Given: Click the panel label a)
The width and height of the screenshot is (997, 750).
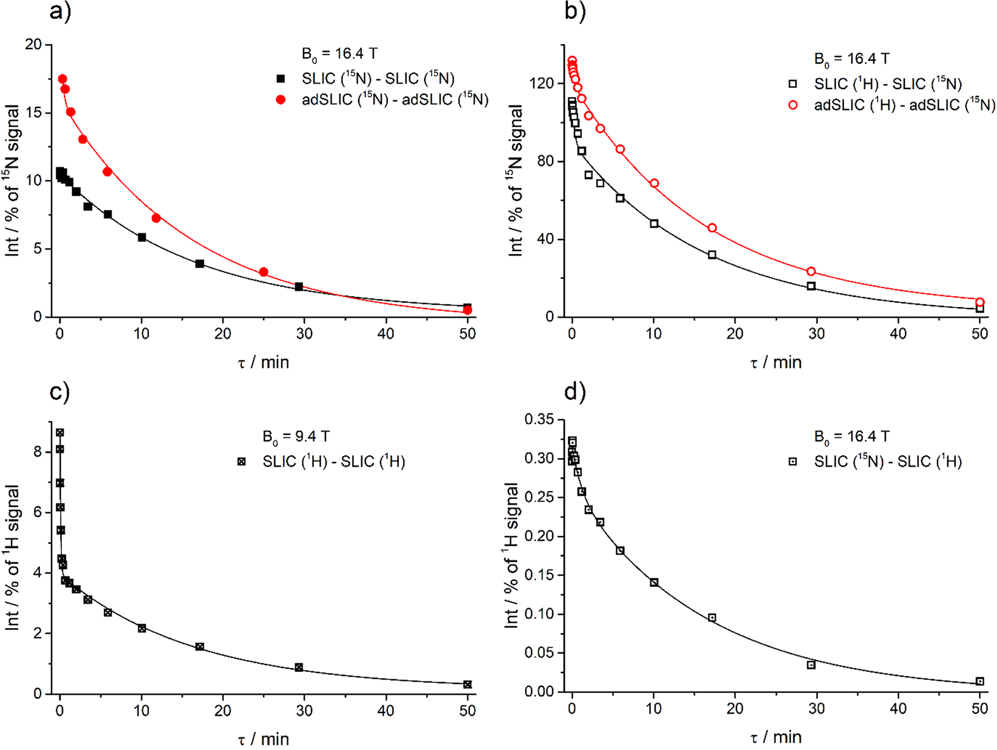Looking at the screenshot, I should pyautogui.click(x=61, y=12).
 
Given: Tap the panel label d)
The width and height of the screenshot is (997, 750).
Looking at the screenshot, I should pyautogui.click(x=575, y=392).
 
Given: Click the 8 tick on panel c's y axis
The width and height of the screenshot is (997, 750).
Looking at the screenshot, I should pyautogui.click(x=38, y=452).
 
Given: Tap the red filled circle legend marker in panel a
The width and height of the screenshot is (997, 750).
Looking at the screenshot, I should pyautogui.click(x=281, y=100).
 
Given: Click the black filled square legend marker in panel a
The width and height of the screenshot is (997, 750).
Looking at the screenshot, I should pyautogui.click(x=281, y=79).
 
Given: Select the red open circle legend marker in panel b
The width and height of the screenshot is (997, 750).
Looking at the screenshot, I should pyautogui.click(x=793, y=105).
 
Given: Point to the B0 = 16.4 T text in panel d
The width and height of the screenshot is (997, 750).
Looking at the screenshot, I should pyautogui.click(x=851, y=437).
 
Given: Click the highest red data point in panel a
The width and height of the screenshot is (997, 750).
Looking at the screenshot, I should pyautogui.click(x=62, y=79).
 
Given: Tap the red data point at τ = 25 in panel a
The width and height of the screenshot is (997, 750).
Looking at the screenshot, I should pyautogui.click(x=264, y=272).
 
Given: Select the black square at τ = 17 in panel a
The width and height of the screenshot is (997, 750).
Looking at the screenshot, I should pyautogui.click(x=199, y=264).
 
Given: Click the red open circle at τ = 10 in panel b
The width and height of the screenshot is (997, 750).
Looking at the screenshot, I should pyautogui.click(x=654, y=183).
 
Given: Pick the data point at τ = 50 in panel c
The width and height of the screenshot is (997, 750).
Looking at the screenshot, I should pyautogui.click(x=467, y=685).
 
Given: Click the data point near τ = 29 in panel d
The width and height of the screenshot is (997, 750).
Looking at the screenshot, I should pyautogui.click(x=811, y=665).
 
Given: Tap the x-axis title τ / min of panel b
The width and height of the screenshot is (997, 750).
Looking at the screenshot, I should pyautogui.click(x=775, y=363).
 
